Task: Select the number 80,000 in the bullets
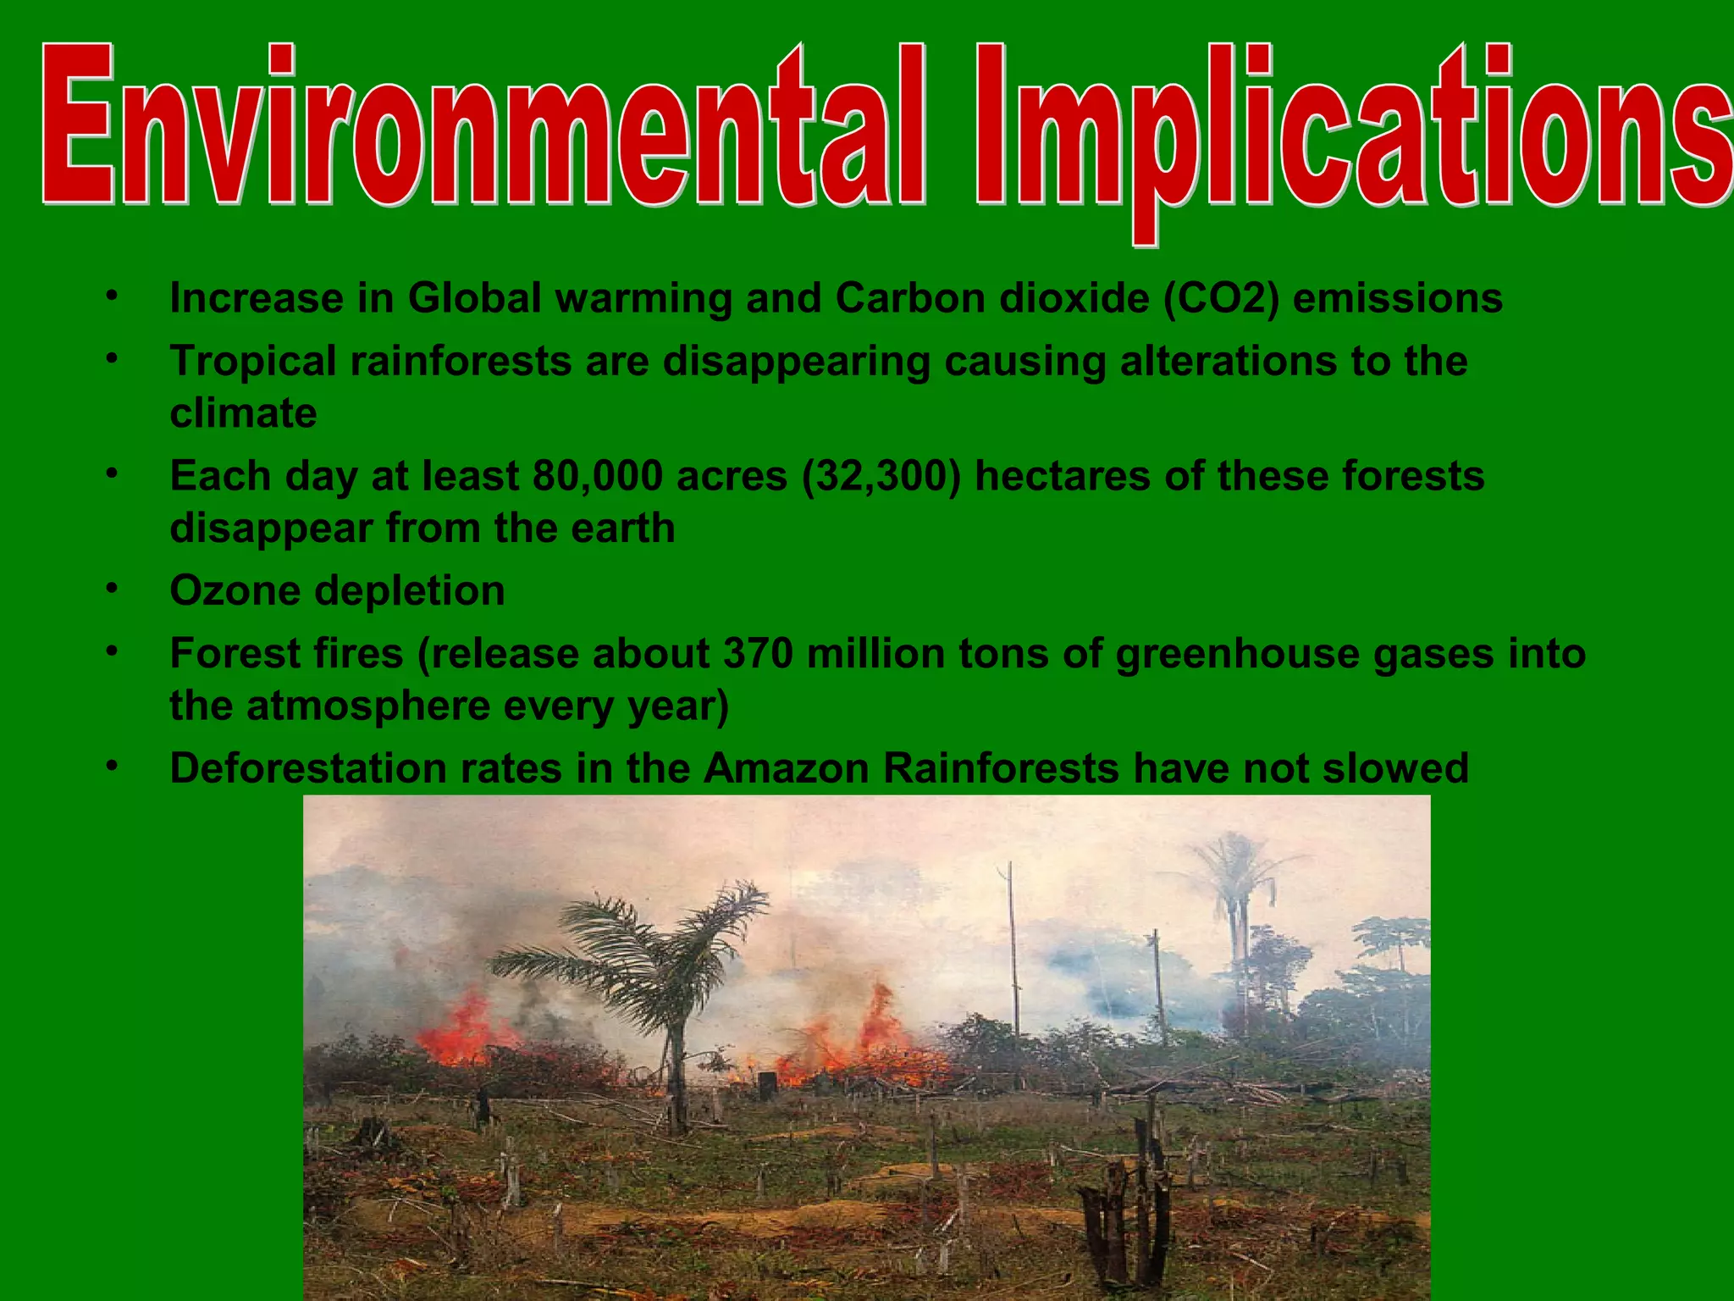tap(597, 476)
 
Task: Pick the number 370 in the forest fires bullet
tap(758, 654)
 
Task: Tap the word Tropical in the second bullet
tap(253, 362)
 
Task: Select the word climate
tap(243, 413)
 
